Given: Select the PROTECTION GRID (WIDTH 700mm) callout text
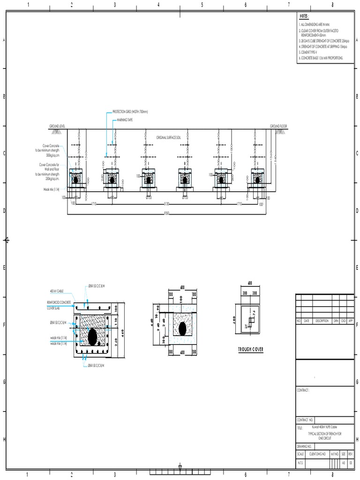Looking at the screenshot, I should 130,112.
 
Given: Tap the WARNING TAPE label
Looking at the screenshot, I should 125,120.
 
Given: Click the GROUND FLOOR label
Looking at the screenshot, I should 278,126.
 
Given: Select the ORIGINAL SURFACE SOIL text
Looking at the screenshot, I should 168,137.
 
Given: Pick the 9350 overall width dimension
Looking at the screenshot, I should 166,213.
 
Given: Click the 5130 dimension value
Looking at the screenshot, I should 166,204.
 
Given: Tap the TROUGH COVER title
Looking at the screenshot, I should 250,349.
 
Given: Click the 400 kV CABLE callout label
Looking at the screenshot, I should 57,291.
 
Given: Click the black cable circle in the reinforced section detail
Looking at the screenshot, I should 92,336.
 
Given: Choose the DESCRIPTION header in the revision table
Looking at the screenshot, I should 322,321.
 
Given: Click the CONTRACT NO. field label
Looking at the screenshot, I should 305,420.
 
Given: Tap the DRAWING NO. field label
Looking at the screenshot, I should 304,446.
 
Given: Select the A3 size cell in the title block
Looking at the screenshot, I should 344,462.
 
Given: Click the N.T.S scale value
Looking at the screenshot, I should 300,462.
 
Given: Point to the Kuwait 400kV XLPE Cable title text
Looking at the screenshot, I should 324,427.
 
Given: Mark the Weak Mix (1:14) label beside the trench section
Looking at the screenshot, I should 52,190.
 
